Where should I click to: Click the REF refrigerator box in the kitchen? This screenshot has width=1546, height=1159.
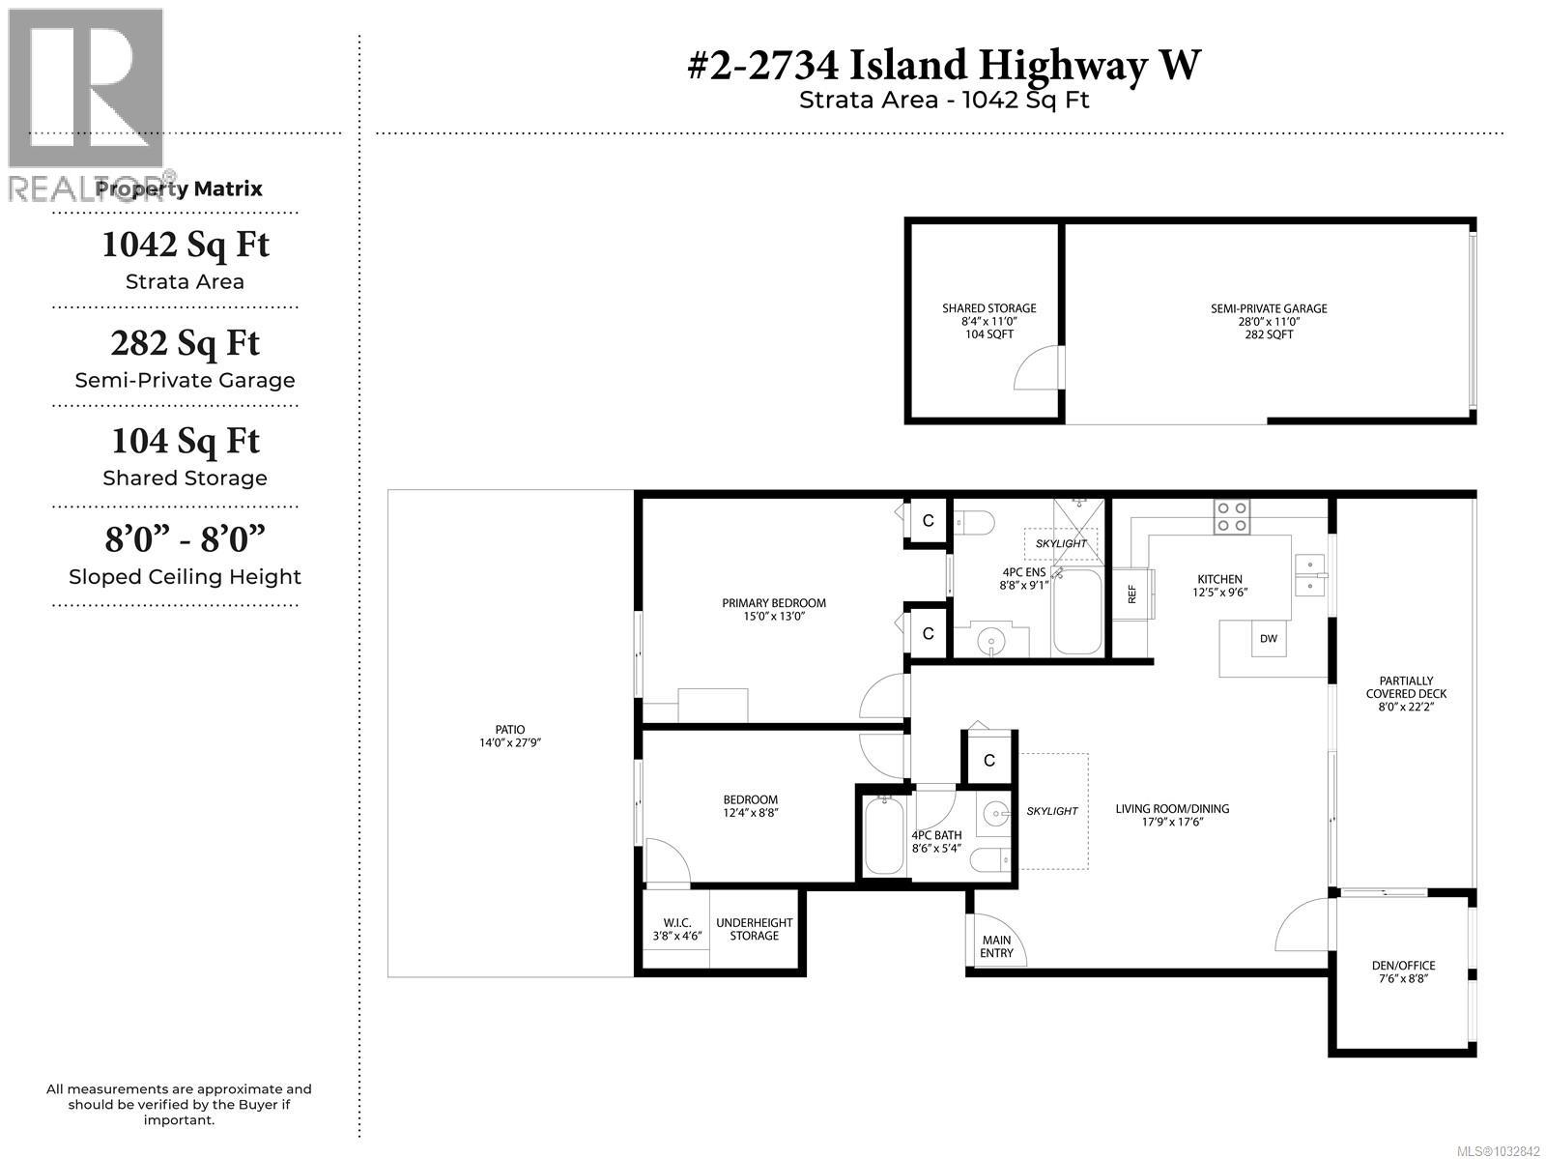1131,594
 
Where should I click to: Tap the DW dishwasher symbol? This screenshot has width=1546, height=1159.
1269,638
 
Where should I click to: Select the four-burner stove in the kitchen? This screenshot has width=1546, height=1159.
1232,516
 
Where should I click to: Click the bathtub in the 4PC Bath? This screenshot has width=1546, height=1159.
882,836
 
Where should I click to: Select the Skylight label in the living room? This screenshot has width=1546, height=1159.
1051,811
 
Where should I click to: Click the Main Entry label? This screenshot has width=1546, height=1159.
996,946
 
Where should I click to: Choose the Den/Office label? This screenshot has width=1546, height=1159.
1403,971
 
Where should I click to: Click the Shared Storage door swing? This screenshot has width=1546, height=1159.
1037,367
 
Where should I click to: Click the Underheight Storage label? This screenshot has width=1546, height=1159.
754,929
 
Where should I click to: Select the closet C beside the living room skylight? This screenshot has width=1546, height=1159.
988,761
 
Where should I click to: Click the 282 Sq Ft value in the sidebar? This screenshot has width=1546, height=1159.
185,343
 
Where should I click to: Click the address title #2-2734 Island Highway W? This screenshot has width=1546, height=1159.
943,65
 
